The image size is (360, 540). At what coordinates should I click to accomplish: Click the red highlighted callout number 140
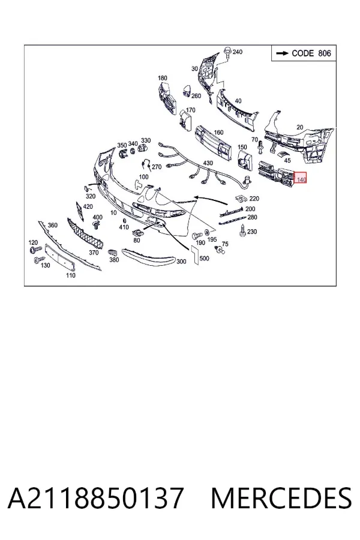coord(301,179)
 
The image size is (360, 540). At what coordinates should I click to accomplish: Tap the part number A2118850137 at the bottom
coord(95,498)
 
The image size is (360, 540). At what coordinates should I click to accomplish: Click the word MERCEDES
coord(281,498)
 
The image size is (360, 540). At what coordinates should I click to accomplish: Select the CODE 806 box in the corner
coord(304,53)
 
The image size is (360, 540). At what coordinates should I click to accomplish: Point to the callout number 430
coord(208,163)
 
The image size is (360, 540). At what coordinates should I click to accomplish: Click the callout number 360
coord(52,225)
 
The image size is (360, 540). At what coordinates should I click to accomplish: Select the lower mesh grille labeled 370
coord(86,233)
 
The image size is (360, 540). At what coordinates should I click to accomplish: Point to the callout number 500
coord(204,258)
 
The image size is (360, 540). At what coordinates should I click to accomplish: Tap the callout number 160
coord(218,132)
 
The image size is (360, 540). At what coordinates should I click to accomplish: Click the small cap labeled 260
coord(187,90)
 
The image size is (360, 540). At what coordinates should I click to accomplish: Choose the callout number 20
coord(300,127)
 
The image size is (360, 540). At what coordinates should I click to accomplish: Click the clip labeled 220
coord(241,199)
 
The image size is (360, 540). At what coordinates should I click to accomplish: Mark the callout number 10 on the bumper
coord(113,213)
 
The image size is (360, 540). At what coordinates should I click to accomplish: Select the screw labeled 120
coord(35,248)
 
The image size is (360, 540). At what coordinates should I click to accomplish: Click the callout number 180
coord(162,78)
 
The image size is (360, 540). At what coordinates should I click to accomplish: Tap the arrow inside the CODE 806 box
coord(283,53)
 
